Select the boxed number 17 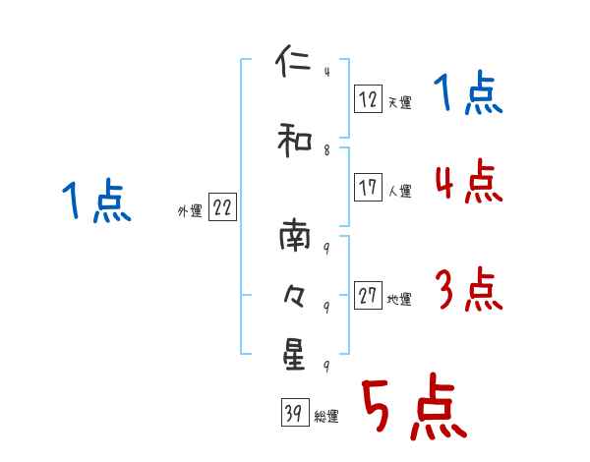coord(368,188)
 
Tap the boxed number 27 coord(368,296)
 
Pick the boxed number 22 coord(222,207)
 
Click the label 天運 coord(399,102)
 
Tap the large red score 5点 coord(413,408)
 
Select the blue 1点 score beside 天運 coord(468,94)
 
